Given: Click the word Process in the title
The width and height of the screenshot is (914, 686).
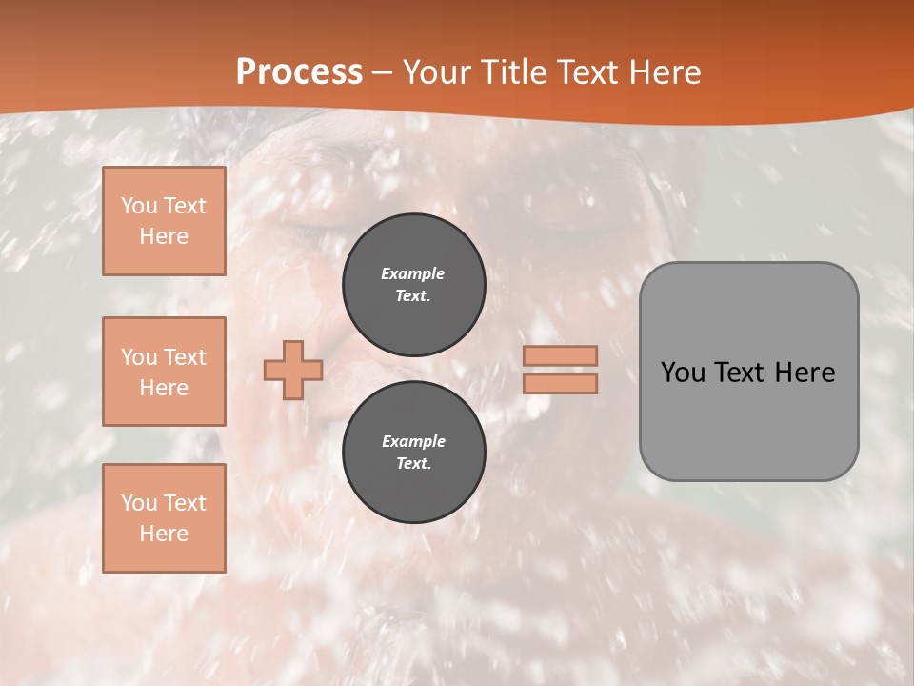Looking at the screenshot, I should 299,72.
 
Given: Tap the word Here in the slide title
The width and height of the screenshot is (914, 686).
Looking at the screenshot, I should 665,72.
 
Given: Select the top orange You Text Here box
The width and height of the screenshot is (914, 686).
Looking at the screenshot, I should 164,221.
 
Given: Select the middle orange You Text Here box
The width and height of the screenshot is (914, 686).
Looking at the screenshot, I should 164,372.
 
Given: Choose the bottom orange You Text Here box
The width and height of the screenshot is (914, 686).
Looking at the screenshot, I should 164,518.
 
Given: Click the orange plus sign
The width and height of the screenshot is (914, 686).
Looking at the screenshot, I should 293,370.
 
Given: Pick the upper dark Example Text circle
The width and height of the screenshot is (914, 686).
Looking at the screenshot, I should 413,284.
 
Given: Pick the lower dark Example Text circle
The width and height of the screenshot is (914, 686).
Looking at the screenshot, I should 413,452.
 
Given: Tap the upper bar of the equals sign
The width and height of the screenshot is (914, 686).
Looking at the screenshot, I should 560,355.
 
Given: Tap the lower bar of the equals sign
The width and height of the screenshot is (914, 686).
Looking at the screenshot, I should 560,384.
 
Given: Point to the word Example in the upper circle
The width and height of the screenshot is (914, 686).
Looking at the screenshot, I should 413,273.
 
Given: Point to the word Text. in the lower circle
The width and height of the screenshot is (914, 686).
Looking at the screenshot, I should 413,464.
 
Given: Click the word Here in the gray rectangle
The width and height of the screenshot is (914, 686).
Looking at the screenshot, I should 805,373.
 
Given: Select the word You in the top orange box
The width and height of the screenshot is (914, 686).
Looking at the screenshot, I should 139,206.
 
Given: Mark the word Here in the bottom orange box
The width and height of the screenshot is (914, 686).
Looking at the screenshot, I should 164,534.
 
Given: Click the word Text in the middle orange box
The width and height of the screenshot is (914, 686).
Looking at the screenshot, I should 184,357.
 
